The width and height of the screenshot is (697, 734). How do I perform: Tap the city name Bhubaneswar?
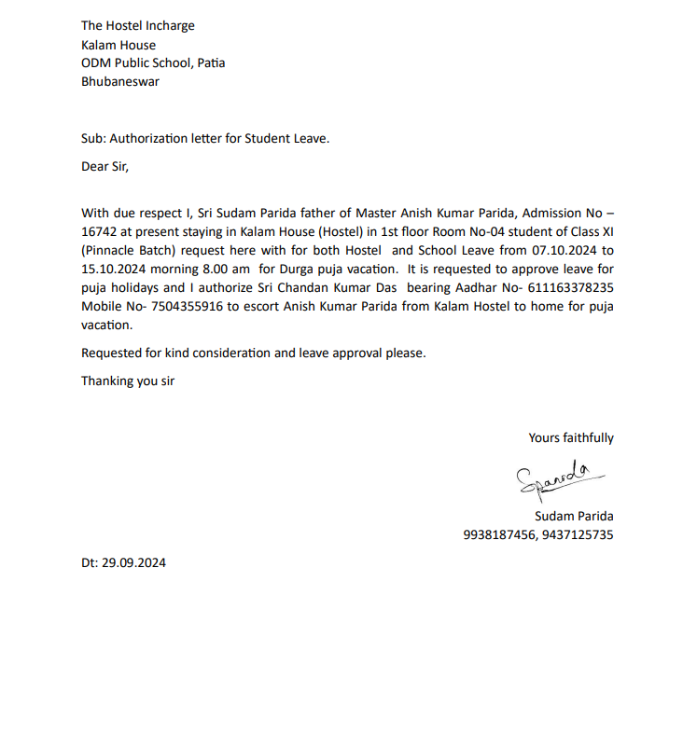120,81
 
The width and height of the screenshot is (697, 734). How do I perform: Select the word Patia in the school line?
210,63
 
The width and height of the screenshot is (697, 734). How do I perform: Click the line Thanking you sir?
128,381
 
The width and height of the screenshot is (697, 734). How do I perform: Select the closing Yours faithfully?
571,437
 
